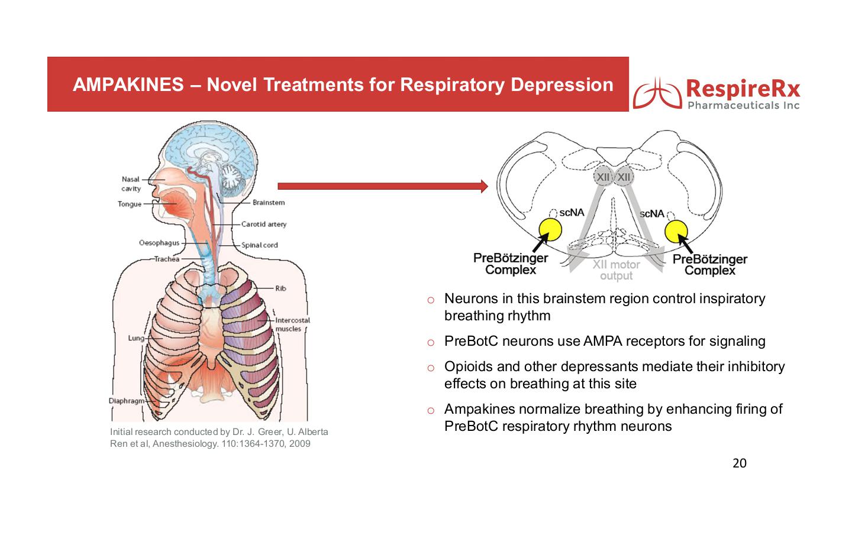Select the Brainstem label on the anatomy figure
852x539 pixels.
(x=269, y=203)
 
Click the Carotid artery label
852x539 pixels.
(x=263, y=224)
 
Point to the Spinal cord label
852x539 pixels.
(x=259, y=245)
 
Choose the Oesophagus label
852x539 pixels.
(x=159, y=243)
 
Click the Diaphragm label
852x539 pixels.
(x=125, y=401)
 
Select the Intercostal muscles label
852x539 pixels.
(x=292, y=324)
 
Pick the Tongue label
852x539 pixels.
(x=130, y=204)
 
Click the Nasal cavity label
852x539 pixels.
(x=131, y=184)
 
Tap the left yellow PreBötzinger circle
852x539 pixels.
(x=550, y=230)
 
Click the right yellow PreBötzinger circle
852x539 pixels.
(x=676, y=231)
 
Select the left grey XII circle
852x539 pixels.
(x=602, y=177)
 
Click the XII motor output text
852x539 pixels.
(x=616, y=271)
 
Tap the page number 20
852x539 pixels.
(x=740, y=463)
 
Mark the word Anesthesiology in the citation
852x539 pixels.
(x=185, y=444)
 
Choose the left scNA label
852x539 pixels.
(x=572, y=212)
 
